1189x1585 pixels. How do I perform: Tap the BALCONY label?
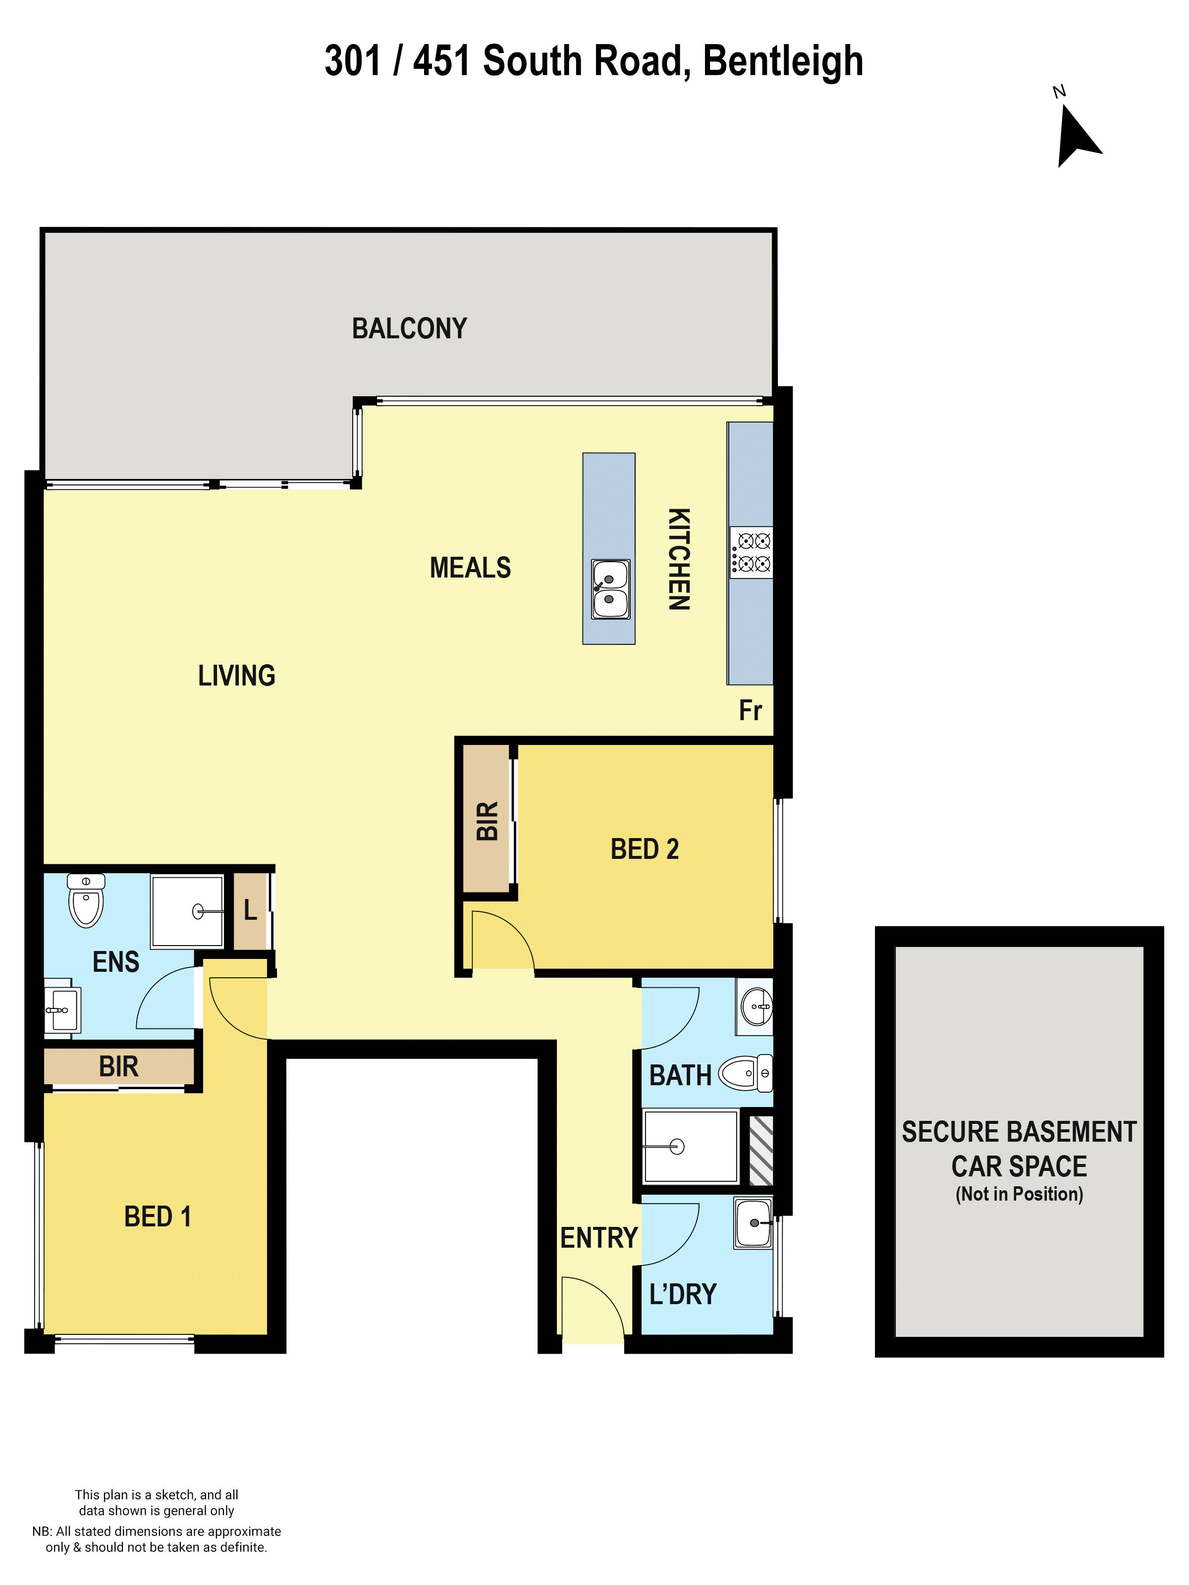(409, 329)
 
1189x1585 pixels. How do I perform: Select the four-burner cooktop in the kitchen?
(751, 552)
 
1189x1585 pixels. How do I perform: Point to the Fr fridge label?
(751, 710)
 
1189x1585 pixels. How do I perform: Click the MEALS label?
(470, 568)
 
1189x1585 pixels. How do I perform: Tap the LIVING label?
(236, 676)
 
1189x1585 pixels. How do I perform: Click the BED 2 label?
(645, 849)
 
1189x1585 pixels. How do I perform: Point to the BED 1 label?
(158, 1216)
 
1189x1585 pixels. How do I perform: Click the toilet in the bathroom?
(746, 1073)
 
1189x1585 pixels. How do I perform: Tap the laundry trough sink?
(754, 1223)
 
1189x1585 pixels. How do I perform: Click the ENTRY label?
(598, 1237)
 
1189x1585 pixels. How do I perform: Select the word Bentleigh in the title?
(783, 61)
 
